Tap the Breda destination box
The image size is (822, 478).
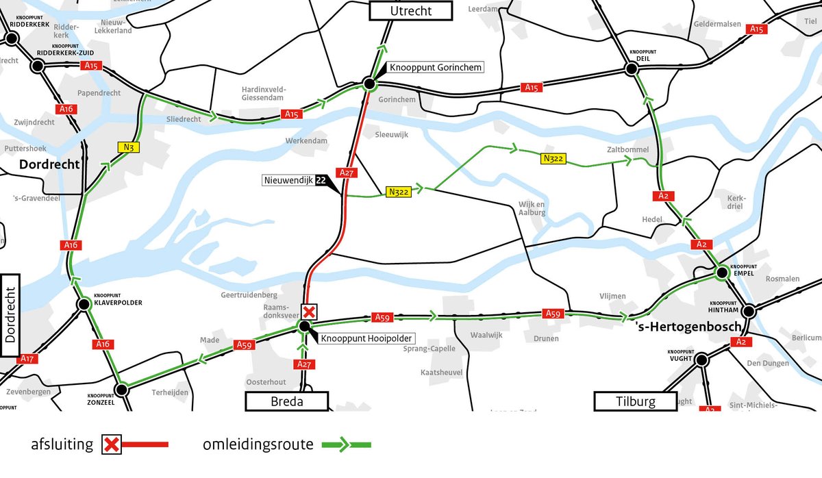[x=287, y=401]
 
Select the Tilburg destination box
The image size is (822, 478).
[x=636, y=401]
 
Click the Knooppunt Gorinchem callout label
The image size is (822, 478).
[x=436, y=67]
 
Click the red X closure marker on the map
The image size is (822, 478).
[x=310, y=312]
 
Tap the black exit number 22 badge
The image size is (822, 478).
[x=320, y=181]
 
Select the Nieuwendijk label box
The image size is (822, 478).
[x=288, y=181]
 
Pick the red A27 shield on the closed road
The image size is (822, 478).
[x=347, y=173]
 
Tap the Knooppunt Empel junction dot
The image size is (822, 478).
[x=721, y=273]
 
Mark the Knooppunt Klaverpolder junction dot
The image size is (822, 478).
[x=84, y=304]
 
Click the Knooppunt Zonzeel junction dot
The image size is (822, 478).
[x=121, y=390]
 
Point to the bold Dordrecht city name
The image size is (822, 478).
[x=49, y=164]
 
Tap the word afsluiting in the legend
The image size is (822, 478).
[x=62, y=444]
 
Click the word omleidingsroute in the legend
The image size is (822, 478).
[x=258, y=444]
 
